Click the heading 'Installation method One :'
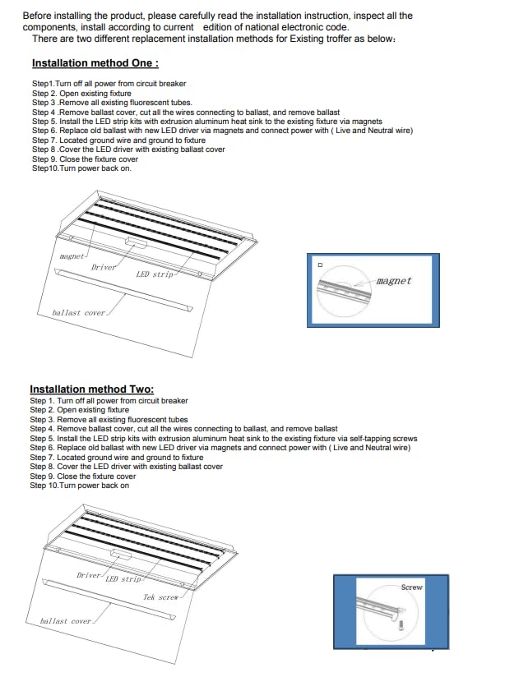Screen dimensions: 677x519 pos(95,63)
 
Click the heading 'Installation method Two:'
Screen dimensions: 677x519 pos(91,389)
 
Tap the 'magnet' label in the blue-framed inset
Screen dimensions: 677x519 pos(393,281)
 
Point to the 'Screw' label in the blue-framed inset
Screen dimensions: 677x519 pos(411,587)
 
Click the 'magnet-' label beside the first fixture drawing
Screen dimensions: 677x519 pos(73,256)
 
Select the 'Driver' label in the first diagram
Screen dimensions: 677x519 pos(104,267)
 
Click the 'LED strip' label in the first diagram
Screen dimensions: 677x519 pos(155,274)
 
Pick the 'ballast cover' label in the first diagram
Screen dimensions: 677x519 pos(78,313)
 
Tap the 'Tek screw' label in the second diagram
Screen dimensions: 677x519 pos(160,597)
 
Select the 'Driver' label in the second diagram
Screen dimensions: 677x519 pos(89,575)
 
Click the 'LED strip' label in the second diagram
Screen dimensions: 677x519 pos(123,579)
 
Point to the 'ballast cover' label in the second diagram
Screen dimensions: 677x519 pos(66,621)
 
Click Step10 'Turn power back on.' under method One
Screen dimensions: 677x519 pos(81,168)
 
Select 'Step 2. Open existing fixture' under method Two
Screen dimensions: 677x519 pos(80,410)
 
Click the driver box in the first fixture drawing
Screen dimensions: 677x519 pos(136,244)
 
